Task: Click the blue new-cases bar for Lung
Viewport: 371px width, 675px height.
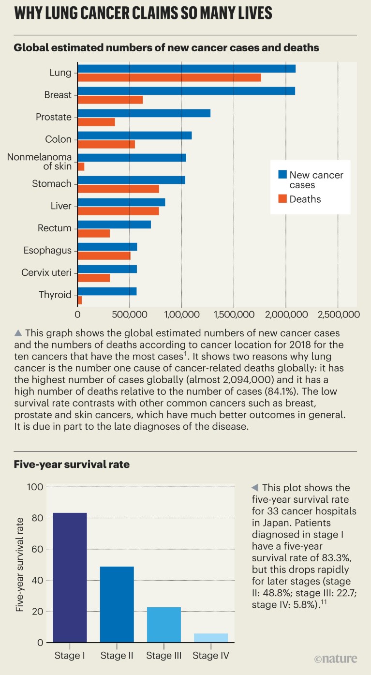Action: [186, 69]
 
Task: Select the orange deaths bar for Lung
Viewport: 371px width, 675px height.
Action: [169, 77]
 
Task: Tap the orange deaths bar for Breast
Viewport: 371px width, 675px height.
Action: [110, 100]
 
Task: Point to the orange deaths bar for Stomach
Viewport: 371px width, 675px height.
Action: [119, 189]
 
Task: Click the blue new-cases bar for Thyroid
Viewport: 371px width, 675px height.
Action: [107, 291]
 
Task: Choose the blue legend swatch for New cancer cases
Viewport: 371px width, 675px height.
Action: [282, 174]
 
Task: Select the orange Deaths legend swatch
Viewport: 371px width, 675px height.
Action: [282, 198]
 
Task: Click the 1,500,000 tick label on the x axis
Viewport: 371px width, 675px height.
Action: [234, 314]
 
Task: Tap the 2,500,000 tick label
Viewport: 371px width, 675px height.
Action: [338, 314]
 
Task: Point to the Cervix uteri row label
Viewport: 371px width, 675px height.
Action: [46, 273]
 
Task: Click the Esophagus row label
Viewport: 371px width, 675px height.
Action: [47, 251]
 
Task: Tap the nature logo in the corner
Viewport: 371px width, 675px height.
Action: [336, 659]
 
